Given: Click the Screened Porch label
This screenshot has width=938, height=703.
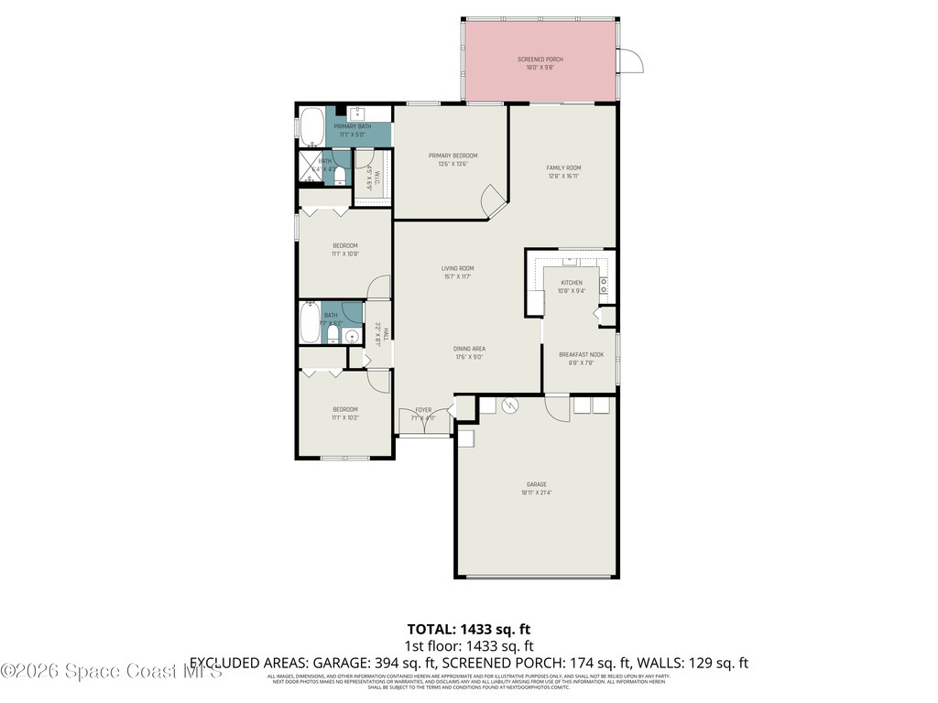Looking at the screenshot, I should point(540,59).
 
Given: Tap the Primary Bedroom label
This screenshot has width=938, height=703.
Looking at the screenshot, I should point(453,156).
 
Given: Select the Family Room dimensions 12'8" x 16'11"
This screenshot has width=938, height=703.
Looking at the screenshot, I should point(563,176).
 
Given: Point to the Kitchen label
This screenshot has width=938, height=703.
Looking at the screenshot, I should point(572,283).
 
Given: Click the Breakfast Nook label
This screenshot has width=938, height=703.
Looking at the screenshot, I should point(582,354).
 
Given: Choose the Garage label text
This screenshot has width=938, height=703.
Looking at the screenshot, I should point(536,484).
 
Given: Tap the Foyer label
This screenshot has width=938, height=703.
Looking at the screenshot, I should point(423,410).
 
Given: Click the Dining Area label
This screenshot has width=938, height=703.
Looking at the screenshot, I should point(468,349).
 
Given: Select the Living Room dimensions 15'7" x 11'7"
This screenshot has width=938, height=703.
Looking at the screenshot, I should point(458,276).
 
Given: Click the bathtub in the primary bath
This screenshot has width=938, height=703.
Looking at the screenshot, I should point(311,127).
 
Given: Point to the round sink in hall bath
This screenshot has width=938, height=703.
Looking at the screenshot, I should point(352,337).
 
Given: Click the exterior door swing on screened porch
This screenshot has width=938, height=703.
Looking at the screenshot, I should point(631,60).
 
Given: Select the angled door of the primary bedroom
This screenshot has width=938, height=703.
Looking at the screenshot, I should point(494,199).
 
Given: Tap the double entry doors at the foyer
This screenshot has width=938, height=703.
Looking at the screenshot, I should point(423,424).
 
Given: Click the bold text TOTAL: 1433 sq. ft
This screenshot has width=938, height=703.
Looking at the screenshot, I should point(468,629).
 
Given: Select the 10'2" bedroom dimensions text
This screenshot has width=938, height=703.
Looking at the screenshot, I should point(345,417).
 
